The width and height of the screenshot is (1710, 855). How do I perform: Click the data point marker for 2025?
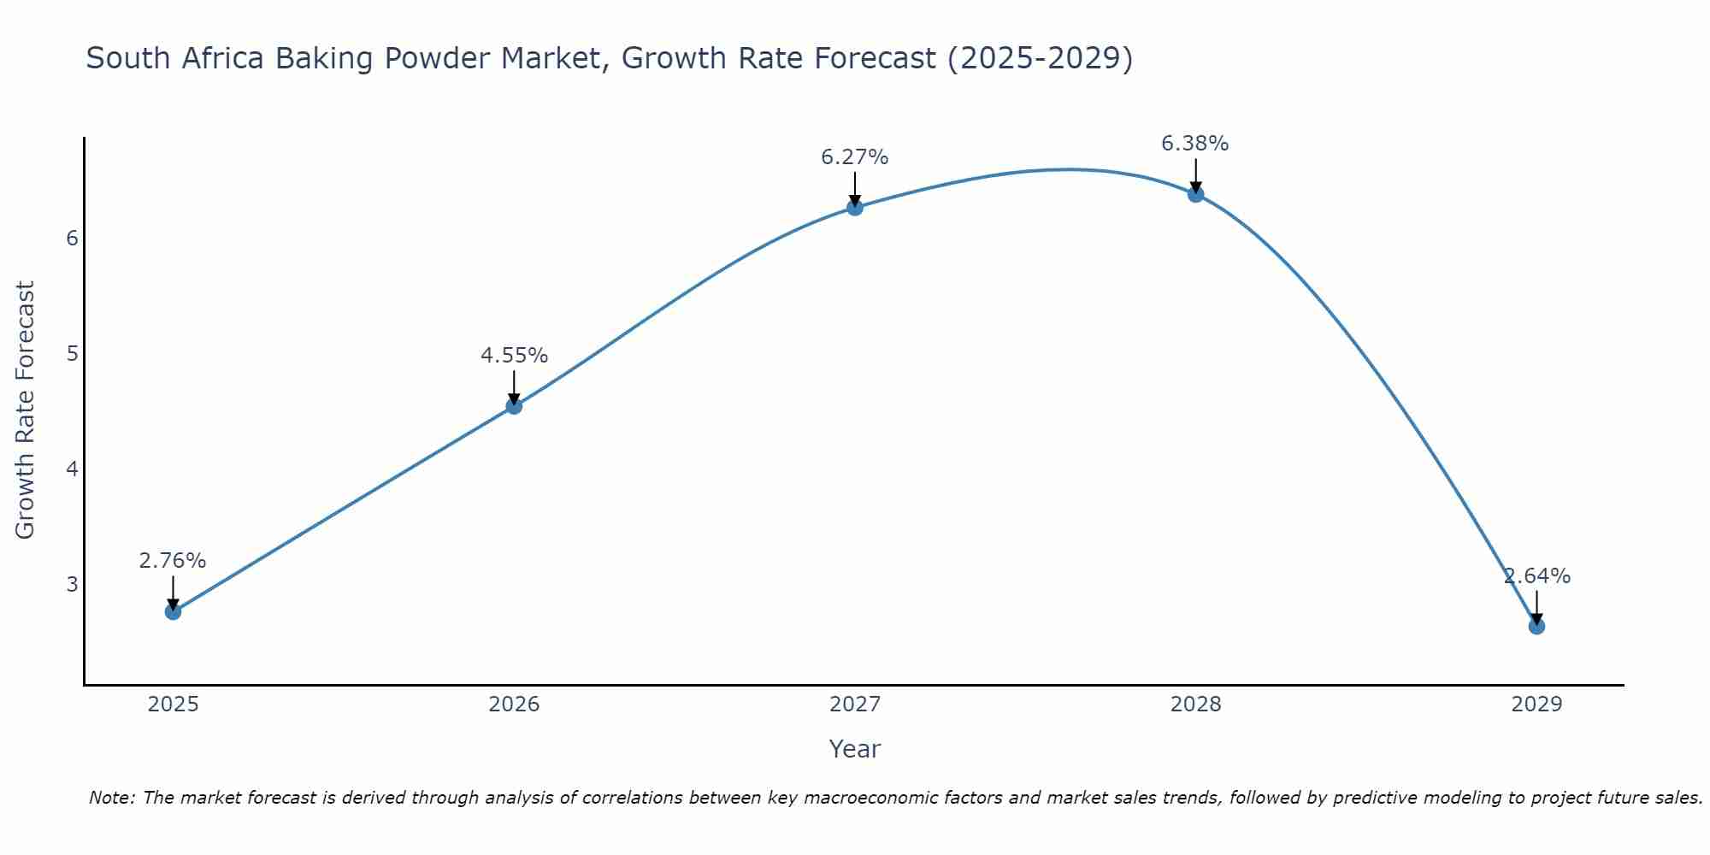[173, 611]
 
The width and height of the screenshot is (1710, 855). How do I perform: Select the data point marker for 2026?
[514, 406]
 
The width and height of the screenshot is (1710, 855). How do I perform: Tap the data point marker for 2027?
[855, 207]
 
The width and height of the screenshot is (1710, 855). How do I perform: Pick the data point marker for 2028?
[1195, 194]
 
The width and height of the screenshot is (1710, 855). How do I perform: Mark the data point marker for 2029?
[1536, 626]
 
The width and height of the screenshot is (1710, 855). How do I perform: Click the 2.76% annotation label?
[173, 561]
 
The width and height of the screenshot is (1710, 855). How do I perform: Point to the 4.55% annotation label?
[514, 355]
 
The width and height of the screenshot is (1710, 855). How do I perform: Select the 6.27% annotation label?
[855, 157]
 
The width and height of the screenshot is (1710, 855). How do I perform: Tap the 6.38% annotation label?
[1195, 144]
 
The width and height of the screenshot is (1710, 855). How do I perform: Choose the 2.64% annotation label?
[1536, 576]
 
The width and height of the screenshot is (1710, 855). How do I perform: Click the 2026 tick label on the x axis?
[514, 705]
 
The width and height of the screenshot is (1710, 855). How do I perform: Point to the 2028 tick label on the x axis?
[1195, 705]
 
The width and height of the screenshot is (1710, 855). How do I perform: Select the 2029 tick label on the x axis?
[1536, 705]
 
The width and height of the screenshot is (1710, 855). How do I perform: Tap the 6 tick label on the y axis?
[72, 238]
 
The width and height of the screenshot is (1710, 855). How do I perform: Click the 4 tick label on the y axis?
[72, 469]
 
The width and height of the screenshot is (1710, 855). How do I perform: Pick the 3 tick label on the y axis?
[72, 584]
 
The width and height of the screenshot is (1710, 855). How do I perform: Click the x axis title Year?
[854, 749]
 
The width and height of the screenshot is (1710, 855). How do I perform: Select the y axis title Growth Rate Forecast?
[26, 410]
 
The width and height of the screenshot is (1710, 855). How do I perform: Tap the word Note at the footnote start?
[111, 798]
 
